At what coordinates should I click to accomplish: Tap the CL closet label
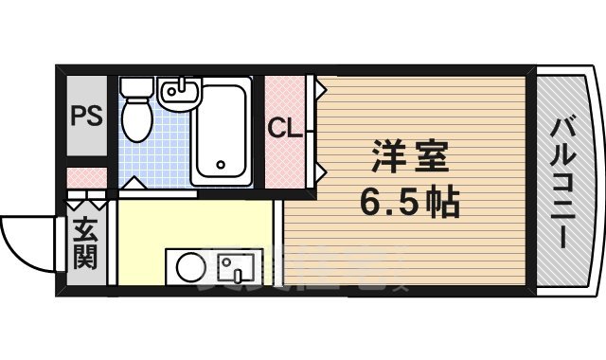[285, 127]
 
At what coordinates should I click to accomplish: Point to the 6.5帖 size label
[408, 201]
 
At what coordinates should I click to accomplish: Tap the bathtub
[221, 133]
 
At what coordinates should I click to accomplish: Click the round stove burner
[187, 266]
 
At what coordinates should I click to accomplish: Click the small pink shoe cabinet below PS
[87, 178]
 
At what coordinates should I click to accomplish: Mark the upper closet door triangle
[321, 90]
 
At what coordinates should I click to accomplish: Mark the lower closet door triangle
[321, 171]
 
